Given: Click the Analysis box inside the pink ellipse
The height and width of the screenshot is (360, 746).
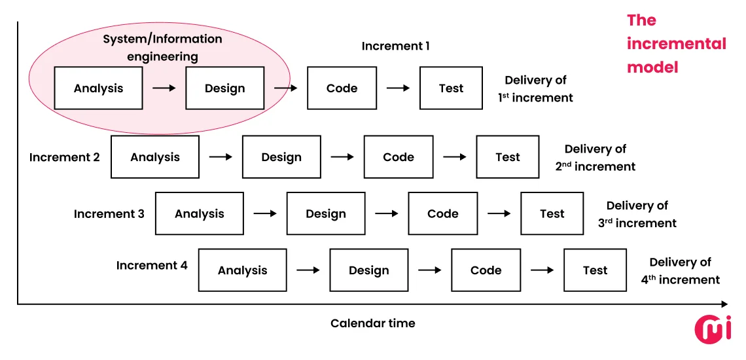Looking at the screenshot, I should click(98, 88).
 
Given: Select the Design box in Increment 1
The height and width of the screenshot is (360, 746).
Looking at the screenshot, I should click(224, 88).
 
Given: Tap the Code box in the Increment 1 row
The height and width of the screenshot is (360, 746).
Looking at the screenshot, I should click(342, 88).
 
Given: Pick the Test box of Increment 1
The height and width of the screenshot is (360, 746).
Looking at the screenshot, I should click(451, 88).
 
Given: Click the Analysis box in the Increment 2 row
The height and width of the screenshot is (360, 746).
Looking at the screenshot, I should click(155, 157).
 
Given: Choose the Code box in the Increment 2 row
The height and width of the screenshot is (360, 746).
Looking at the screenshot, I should click(399, 157).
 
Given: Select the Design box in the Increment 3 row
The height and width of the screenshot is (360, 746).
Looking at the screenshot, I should click(326, 214).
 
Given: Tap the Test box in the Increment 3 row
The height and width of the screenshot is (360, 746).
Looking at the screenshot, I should click(552, 214).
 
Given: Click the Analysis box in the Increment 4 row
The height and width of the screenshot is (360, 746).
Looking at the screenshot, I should click(242, 270).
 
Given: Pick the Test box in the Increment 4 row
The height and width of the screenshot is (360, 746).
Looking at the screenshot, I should click(595, 270).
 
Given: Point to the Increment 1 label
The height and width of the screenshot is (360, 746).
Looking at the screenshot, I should click(395, 46).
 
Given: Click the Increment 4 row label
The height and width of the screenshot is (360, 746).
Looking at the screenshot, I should click(152, 265).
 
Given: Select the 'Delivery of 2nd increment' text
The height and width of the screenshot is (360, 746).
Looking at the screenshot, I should click(595, 158).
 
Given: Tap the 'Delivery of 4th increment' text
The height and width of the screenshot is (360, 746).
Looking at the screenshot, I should click(680, 271).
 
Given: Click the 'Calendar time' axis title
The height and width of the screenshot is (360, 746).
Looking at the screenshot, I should click(372, 323).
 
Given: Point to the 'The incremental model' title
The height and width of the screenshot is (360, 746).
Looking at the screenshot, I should click(676, 44).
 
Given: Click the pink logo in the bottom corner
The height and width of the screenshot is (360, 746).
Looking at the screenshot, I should click(713, 329).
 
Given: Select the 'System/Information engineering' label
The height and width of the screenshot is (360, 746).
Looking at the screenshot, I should click(162, 48).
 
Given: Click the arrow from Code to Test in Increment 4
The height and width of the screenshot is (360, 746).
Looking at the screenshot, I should click(542, 270).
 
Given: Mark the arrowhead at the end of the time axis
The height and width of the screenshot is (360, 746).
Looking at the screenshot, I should click(724, 304).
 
